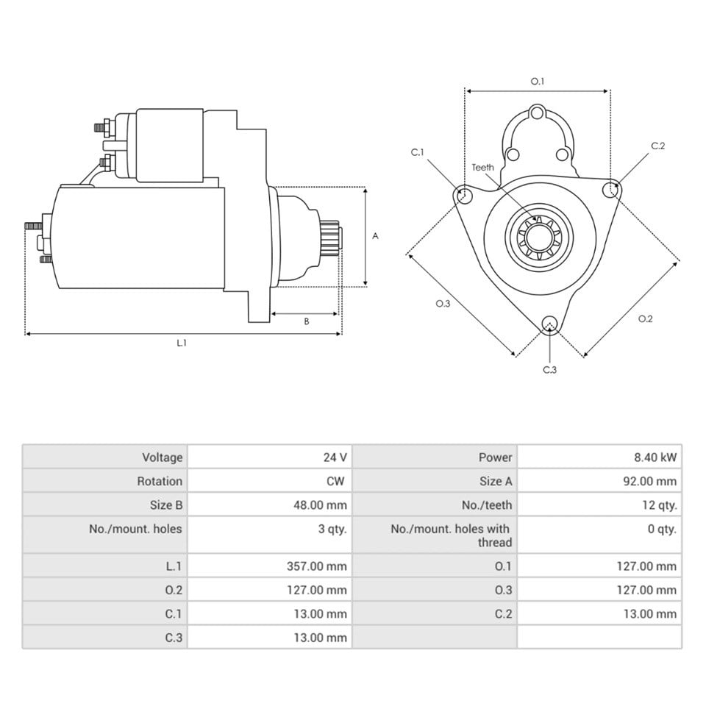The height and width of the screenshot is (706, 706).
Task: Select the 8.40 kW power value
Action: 655,457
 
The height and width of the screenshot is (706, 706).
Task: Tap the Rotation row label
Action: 160,481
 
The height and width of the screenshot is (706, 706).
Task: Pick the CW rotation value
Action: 335,481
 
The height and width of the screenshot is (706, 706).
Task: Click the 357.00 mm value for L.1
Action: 317,566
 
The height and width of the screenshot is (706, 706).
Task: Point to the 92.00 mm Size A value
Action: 649,481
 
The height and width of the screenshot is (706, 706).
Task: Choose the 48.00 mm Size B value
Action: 320,505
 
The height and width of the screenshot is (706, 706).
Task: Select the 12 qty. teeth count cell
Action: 660,505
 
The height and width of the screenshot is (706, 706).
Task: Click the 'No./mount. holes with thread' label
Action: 451,535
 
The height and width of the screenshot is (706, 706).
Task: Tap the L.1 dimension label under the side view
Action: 182,343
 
